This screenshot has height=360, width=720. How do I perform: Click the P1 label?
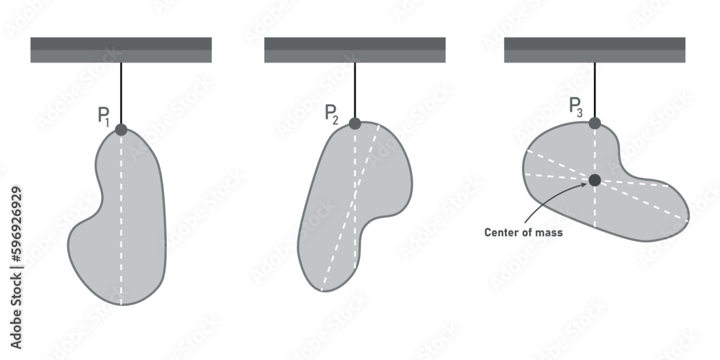(104, 117)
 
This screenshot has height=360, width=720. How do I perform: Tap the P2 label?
(331, 113)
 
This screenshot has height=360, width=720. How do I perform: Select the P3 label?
(576, 107)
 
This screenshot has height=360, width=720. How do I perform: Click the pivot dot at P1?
(121, 130)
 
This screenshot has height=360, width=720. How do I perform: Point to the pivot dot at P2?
(355, 123)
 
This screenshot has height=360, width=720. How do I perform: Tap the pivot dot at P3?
(595, 123)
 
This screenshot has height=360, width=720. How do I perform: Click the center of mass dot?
(595, 180)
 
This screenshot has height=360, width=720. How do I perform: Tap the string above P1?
(121, 94)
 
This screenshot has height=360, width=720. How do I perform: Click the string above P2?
(355, 90)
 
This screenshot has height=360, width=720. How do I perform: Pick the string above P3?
(595, 90)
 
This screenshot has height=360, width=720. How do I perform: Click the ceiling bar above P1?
(121, 50)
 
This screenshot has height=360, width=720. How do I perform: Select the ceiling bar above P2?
(355, 50)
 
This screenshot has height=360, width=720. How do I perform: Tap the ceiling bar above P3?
(595, 50)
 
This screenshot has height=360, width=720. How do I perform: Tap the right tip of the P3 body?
(688, 216)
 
